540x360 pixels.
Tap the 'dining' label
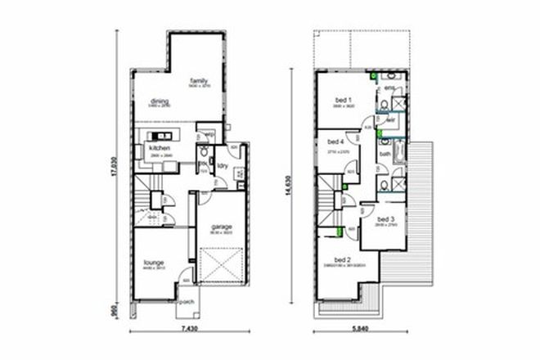(160, 101)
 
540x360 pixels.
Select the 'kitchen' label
(159, 146)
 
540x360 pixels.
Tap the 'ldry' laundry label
(222, 165)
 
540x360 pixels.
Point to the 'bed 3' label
(386, 219)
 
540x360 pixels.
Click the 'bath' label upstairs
(384, 154)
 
